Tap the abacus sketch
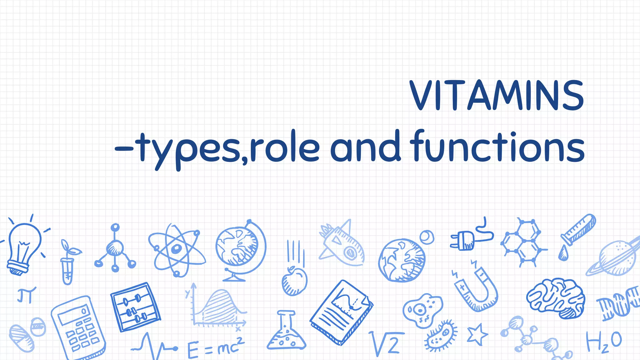click(x=135, y=307)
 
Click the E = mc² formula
click(x=216, y=347)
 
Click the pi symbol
click(x=26, y=295)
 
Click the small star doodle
click(x=477, y=334)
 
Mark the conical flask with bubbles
click(x=286, y=333)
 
